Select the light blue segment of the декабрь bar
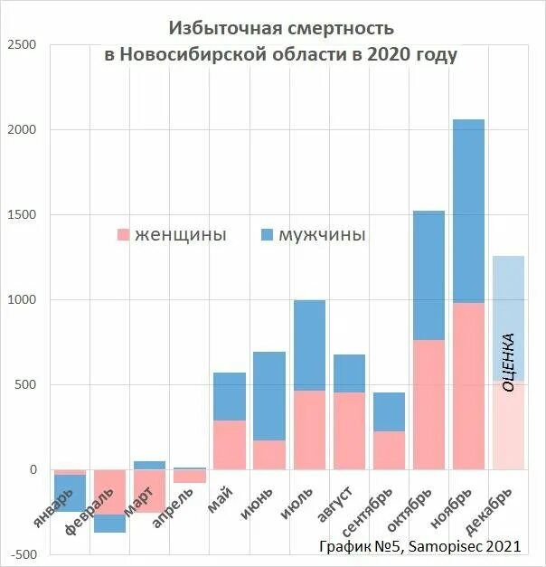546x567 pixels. (508, 298)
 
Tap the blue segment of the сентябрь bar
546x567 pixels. (389, 411)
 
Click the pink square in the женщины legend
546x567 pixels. (124, 235)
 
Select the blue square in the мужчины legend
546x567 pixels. (267, 235)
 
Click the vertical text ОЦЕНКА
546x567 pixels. (508, 362)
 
